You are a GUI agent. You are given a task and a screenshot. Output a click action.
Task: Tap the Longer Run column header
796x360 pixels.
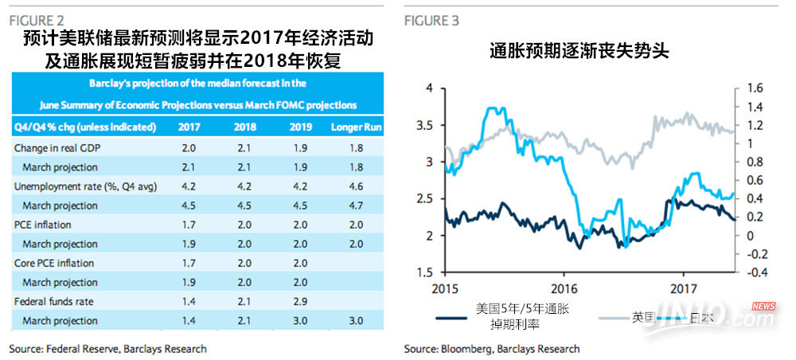point(356,127)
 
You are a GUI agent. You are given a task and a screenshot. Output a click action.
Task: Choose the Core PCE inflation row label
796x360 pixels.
point(54,263)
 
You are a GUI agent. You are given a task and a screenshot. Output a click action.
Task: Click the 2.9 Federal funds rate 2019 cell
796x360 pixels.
point(300,301)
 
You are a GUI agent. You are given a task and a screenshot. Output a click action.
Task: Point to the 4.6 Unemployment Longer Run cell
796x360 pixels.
point(356,186)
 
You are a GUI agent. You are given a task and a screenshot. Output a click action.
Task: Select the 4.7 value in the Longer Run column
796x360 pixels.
point(356,205)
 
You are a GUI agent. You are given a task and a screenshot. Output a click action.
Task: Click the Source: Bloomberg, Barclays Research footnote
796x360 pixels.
point(491,349)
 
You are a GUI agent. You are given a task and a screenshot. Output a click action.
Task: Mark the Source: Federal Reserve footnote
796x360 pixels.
point(107,349)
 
